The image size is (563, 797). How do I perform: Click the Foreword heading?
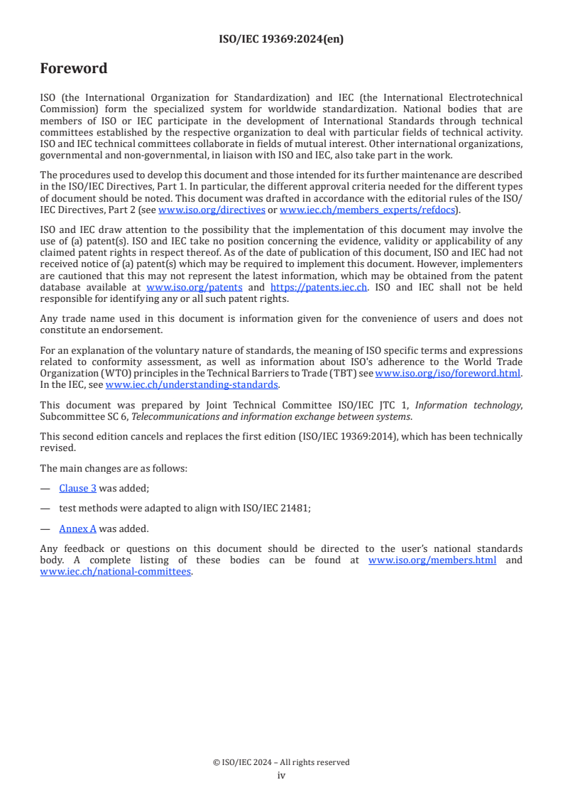click(74, 69)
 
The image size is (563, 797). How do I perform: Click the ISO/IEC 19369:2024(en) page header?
click(281, 40)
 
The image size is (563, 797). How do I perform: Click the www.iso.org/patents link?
click(194, 287)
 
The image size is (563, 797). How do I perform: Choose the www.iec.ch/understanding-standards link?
click(192, 384)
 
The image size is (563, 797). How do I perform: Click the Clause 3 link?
click(77, 488)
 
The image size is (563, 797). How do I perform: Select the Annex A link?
click(77, 528)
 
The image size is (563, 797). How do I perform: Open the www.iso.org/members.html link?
click(432, 560)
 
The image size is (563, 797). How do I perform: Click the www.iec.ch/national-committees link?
click(116, 571)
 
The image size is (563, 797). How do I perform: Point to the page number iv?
click(281, 775)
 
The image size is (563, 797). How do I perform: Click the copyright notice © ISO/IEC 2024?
click(281, 762)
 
